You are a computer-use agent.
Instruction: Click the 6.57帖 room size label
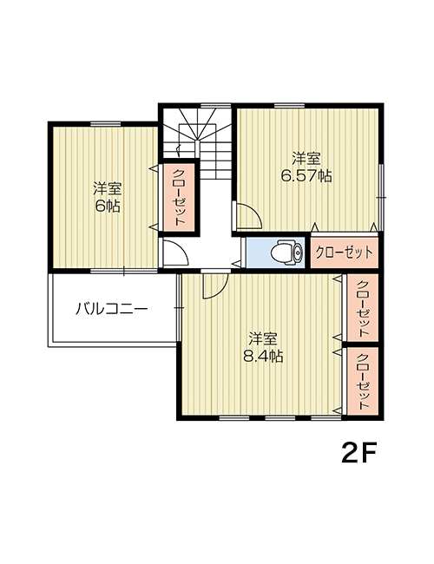[306, 176]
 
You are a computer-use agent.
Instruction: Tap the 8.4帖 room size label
[263, 356]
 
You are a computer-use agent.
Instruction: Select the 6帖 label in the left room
[108, 207]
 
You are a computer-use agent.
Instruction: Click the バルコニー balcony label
[112, 309]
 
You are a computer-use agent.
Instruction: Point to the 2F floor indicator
[358, 454]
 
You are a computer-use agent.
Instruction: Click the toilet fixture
[287, 252]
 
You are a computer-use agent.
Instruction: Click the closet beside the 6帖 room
[179, 197]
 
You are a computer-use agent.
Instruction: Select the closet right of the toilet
[345, 252]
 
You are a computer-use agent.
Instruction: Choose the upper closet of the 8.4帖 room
[363, 307]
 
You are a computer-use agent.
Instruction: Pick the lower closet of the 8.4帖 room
[363, 381]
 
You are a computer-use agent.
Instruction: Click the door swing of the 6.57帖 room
[250, 215]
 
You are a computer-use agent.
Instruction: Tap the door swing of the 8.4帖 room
[215, 286]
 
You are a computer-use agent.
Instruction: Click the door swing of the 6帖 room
[174, 252]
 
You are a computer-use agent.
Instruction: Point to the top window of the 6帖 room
[105, 124]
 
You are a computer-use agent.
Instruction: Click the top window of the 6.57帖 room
[289, 105]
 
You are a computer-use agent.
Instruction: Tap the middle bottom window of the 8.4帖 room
[280, 418]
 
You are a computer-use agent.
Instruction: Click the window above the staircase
[215, 105]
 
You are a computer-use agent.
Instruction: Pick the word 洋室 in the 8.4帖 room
[263, 338]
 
